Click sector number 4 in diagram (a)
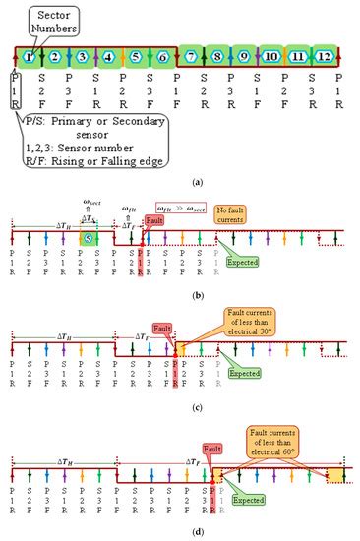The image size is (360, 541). click(x=109, y=58)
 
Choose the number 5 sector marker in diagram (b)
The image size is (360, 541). click(x=88, y=237)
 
